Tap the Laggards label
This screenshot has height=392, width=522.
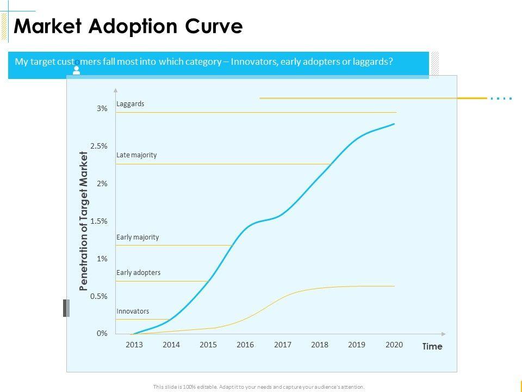pos(130,103)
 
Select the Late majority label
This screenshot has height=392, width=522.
pos(136,155)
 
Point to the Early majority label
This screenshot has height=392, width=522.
pos(138,237)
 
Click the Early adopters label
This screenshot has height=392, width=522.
pos(138,272)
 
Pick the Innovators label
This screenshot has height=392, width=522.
pos(133,311)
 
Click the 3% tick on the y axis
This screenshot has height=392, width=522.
pos(102,109)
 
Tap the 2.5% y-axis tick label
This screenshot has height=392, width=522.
pos(99,146)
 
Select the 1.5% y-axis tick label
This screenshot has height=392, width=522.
pos(99,221)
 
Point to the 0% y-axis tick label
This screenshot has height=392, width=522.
pos(102,334)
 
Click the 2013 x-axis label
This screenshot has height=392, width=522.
pos(134,345)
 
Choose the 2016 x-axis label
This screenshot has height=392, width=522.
pos(245,345)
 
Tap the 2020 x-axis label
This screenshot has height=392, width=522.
pos(394,345)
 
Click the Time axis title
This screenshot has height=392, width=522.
pos(432,347)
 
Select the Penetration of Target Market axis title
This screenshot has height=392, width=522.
pos(84,221)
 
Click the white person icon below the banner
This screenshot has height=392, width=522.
pos(77,70)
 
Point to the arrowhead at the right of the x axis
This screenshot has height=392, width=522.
pos(444,333)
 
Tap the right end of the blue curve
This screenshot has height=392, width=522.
pos(394,124)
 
